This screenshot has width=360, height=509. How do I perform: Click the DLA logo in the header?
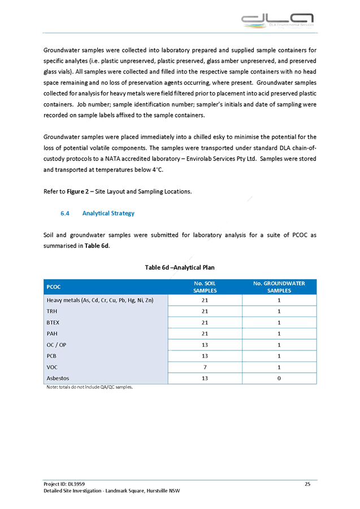tap(277, 20)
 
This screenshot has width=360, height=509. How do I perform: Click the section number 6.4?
tap(65, 214)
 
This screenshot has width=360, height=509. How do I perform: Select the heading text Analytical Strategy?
tap(108, 214)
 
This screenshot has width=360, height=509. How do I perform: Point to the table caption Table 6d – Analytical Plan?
tap(180, 267)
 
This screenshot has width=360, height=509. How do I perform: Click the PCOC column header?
tap(54, 287)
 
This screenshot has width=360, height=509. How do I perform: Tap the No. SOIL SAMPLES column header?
tap(205, 287)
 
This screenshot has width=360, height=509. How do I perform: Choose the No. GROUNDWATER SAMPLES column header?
tap(279, 287)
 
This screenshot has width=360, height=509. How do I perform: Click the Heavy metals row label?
tap(99, 300)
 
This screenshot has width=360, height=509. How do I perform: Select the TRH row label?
tap(53, 311)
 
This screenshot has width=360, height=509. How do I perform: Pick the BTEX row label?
tap(54, 322)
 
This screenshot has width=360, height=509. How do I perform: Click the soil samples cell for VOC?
tap(205, 367)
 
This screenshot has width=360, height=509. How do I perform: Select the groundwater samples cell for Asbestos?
tap(279, 378)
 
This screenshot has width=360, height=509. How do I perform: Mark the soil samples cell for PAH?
tap(205, 333)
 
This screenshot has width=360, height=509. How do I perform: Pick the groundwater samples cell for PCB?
tap(279, 356)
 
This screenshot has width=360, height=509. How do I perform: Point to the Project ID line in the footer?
tap(64, 484)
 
